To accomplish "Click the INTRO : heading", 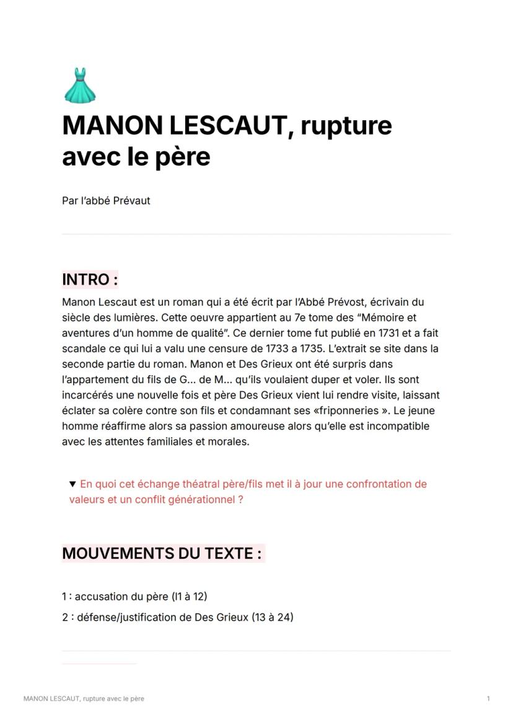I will tap(90, 280).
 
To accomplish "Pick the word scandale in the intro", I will tap(82, 348).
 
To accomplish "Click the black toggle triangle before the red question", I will tap(73, 484).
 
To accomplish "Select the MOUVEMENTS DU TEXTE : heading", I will tap(162, 553).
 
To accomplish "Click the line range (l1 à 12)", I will tap(189, 596).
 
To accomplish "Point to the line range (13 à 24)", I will tap(273, 617).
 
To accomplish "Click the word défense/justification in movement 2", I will tap(126, 617).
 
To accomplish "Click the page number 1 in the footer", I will tap(488, 699).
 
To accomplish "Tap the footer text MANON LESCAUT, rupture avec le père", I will tap(84, 699).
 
